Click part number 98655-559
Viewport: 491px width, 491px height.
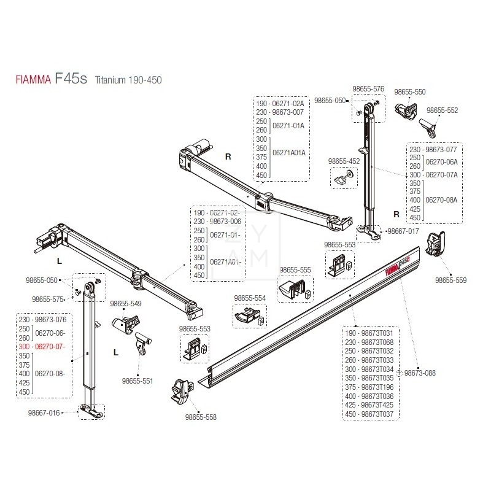pos(450,280)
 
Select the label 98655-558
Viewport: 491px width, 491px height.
pos(200,417)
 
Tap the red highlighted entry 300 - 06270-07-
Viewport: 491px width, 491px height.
pos(42,347)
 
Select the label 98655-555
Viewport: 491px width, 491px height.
pos(295,269)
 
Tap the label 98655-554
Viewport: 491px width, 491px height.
pos(250,298)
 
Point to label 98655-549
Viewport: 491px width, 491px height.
pos(126,303)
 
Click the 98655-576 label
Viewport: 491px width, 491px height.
pos(368,89)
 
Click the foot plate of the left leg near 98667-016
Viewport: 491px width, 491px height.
pos(90,412)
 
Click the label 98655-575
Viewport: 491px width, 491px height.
pos(48,300)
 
